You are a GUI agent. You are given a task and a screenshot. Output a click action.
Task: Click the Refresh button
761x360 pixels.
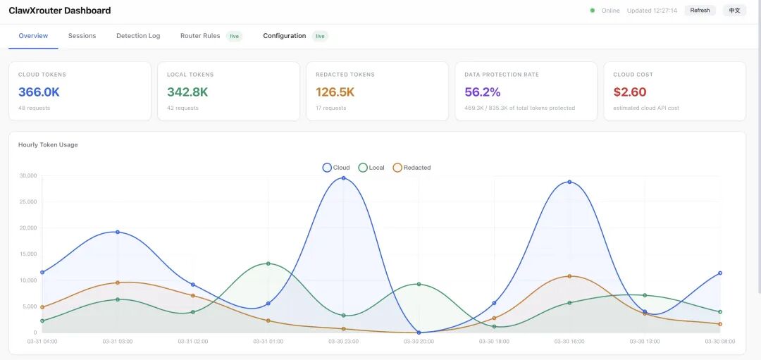pyautogui.click(x=700, y=11)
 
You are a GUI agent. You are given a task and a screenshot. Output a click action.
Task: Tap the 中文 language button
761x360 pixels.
pyautogui.click(x=734, y=11)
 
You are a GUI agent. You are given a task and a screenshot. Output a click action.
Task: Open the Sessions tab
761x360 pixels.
pyautogui.click(x=82, y=36)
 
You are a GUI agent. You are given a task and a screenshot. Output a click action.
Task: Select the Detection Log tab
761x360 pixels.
pyautogui.click(x=138, y=36)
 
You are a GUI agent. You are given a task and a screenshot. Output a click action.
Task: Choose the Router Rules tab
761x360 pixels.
pyautogui.click(x=200, y=36)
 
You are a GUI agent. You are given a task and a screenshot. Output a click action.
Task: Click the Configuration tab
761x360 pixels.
pyautogui.click(x=285, y=36)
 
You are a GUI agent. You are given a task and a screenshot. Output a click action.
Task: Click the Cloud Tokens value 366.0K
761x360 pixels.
pyautogui.click(x=39, y=92)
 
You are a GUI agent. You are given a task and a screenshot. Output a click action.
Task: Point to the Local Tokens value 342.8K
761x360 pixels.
pyautogui.click(x=187, y=92)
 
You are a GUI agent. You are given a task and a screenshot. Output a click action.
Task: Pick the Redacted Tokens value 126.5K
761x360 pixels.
pyautogui.click(x=335, y=92)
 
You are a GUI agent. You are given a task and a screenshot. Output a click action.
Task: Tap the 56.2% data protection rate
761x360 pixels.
pyautogui.click(x=483, y=92)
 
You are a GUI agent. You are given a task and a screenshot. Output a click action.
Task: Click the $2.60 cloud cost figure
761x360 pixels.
pyautogui.click(x=630, y=92)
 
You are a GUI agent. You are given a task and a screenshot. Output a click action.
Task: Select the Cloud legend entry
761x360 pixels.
pyautogui.click(x=336, y=168)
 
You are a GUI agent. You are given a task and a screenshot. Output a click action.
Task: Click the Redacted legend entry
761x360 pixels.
pyautogui.click(x=412, y=168)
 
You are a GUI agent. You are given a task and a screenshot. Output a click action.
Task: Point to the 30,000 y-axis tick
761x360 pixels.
pyautogui.click(x=27, y=175)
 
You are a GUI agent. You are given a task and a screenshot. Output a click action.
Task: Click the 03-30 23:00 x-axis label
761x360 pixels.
pyautogui.click(x=343, y=342)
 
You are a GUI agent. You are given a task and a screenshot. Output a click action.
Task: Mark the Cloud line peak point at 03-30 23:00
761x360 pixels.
pyautogui.click(x=343, y=178)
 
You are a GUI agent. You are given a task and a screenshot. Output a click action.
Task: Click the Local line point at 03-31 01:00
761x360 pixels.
pyautogui.click(x=268, y=263)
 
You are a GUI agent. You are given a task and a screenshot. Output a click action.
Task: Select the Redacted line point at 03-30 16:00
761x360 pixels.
pyautogui.click(x=569, y=276)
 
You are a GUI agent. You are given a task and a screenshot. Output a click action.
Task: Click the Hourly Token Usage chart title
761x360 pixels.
pyautogui.click(x=48, y=145)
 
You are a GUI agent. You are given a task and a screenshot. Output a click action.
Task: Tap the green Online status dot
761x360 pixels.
pyautogui.click(x=593, y=11)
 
